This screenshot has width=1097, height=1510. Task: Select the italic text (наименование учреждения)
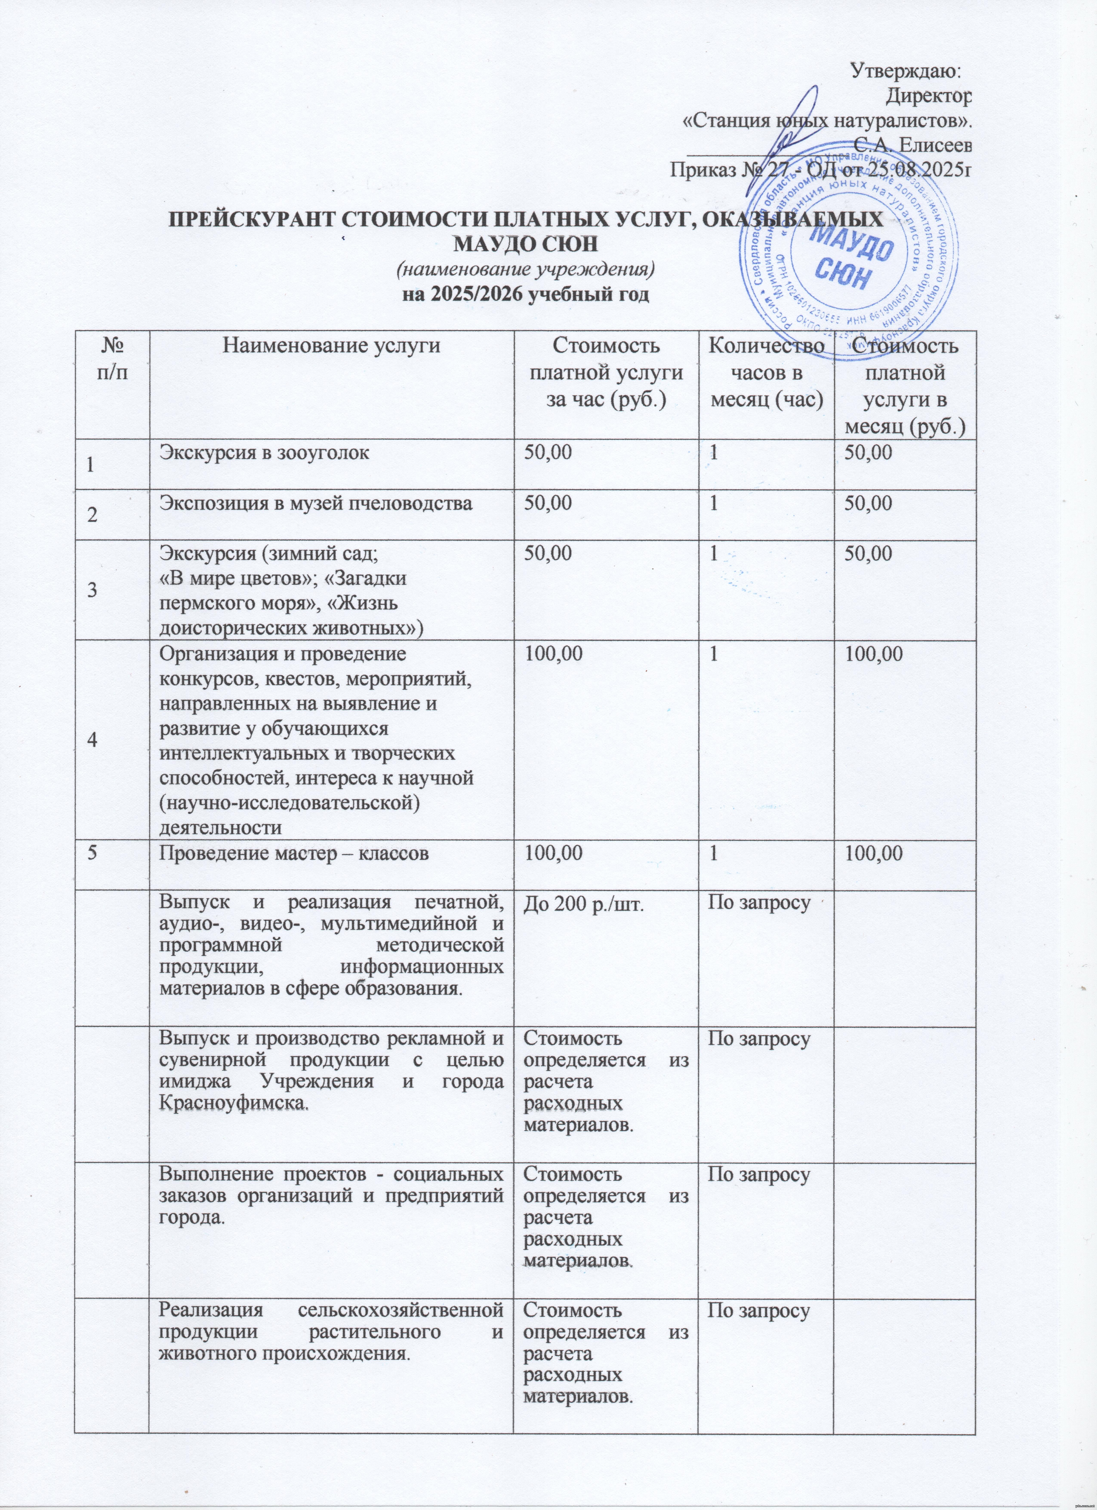[x=526, y=270]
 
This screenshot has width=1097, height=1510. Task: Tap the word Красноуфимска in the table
[x=234, y=1103]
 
